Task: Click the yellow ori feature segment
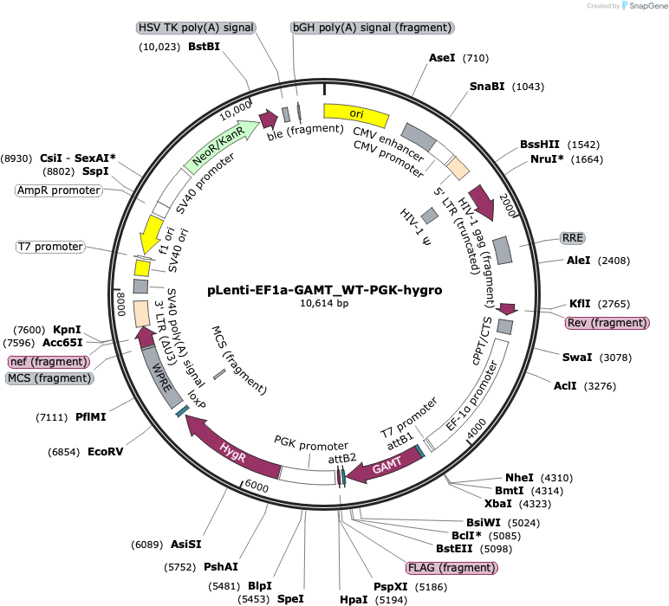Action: [356, 113]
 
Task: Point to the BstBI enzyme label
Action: [204, 47]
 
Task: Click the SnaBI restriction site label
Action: [487, 87]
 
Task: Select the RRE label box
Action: [572, 238]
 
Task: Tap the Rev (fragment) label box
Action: [607, 323]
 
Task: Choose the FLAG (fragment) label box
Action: [451, 568]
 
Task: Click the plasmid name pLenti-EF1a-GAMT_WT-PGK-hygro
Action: [325, 290]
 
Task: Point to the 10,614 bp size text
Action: [324, 303]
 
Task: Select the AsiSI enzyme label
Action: [186, 545]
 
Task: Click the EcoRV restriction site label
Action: [106, 452]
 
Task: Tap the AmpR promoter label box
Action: [59, 190]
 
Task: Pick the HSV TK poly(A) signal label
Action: [196, 28]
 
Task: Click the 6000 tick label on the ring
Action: [257, 487]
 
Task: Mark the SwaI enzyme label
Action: [577, 358]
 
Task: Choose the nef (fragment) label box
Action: [49, 362]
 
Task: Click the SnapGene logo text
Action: [648, 6]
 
